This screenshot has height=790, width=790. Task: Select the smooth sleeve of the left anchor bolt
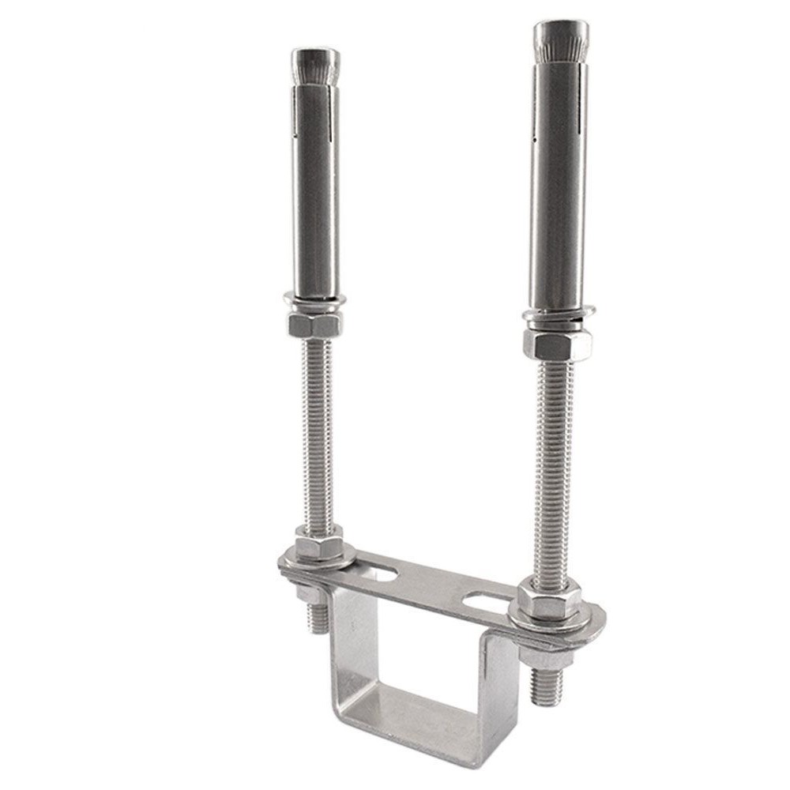[x=315, y=197]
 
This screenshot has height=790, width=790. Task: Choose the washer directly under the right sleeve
[x=558, y=318]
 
